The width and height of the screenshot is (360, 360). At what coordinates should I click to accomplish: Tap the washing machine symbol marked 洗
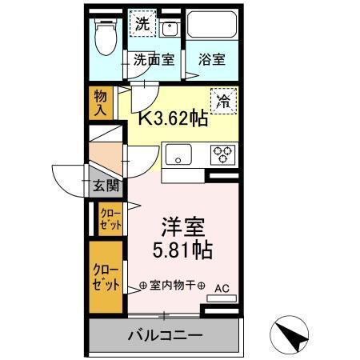[x=141, y=25]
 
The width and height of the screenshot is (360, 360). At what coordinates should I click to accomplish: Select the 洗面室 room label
[x=153, y=59]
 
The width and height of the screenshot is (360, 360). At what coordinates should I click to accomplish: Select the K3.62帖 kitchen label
[x=174, y=119]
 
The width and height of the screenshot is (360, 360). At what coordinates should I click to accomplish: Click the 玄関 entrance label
[x=105, y=186]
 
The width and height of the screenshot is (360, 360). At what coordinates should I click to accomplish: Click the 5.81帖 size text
[x=182, y=250]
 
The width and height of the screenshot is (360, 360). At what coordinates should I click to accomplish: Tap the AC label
[x=221, y=286]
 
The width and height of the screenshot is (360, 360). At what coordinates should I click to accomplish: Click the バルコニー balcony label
[x=166, y=334]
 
